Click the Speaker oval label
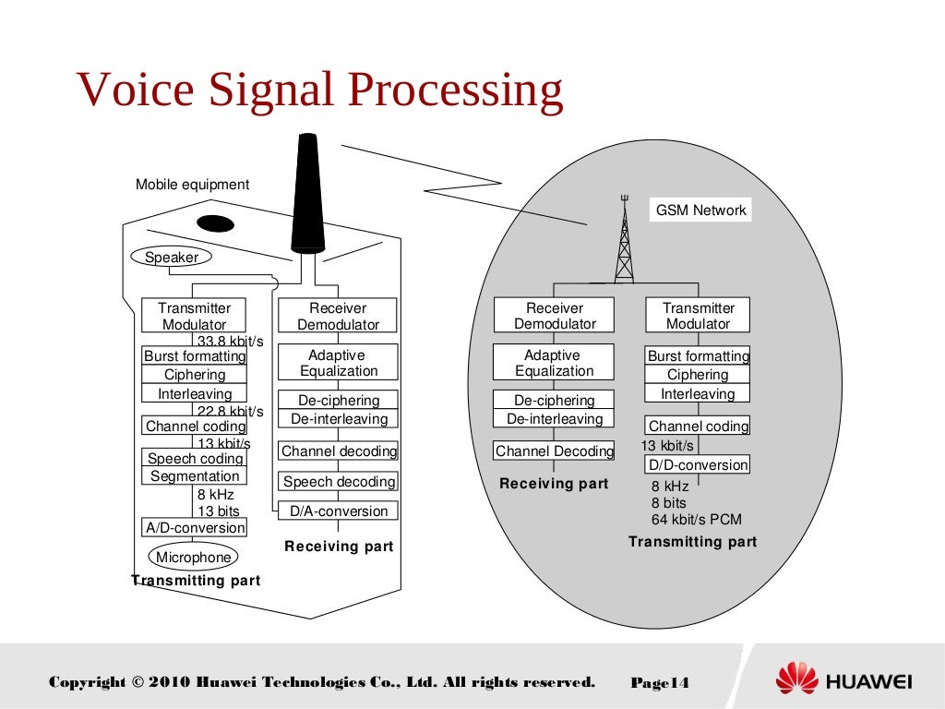(x=172, y=258)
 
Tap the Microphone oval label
(x=193, y=557)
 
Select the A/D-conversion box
(x=195, y=528)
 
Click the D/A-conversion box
(x=339, y=511)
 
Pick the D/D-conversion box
(x=698, y=464)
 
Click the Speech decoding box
(x=339, y=481)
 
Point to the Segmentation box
(x=195, y=476)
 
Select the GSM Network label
(x=700, y=210)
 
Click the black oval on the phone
(x=215, y=223)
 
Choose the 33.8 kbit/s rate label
(x=230, y=341)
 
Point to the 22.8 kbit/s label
(x=230, y=411)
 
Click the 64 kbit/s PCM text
(x=696, y=519)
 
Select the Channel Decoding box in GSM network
(x=555, y=451)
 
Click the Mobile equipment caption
(x=192, y=184)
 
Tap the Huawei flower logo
(x=796, y=679)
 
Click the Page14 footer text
(x=660, y=683)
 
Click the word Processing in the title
(x=455, y=90)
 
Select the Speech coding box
(x=195, y=458)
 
